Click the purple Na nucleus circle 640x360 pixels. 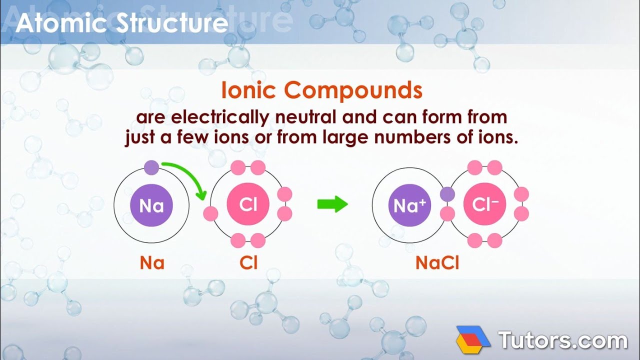151,205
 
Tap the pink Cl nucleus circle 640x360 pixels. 248,204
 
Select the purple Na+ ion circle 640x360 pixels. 409,205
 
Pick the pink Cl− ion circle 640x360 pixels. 484,204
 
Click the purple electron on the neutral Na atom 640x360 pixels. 151,167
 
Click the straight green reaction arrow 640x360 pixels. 332,204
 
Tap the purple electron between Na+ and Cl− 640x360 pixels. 447,194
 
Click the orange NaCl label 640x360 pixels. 437,263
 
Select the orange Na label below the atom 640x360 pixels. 152,263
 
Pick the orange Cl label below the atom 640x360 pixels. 248,263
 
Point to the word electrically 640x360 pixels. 222,118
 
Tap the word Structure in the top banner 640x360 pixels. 173,23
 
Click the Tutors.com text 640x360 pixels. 562,340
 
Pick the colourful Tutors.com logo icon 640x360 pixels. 473,340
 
